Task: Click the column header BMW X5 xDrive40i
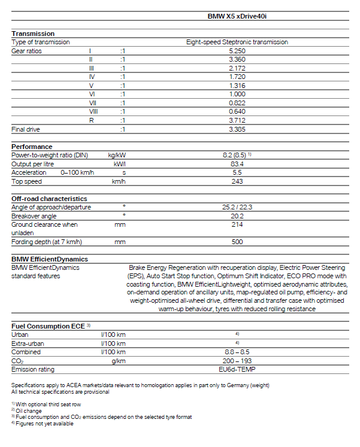click(x=237, y=18)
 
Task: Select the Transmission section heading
click(x=33, y=34)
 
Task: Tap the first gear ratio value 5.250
click(x=237, y=51)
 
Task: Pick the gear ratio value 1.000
click(x=237, y=94)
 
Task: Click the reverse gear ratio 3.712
click(x=237, y=120)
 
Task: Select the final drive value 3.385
click(x=237, y=129)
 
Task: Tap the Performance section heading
click(x=32, y=147)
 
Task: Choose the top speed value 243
click(x=237, y=181)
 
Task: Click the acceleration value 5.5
click(x=237, y=172)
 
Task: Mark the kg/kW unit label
click(x=116, y=155)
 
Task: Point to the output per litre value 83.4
click(x=237, y=164)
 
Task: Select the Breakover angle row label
click(x=35, y=216)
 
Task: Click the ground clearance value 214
click(x=237, y=224)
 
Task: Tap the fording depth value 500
click(x=237, y=242)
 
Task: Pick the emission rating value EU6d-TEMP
click(x=237, y=369)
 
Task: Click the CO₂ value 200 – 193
click(x=237, y=361)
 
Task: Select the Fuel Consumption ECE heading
click(x=48, y=326)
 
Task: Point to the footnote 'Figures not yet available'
click(x=43, y=424)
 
